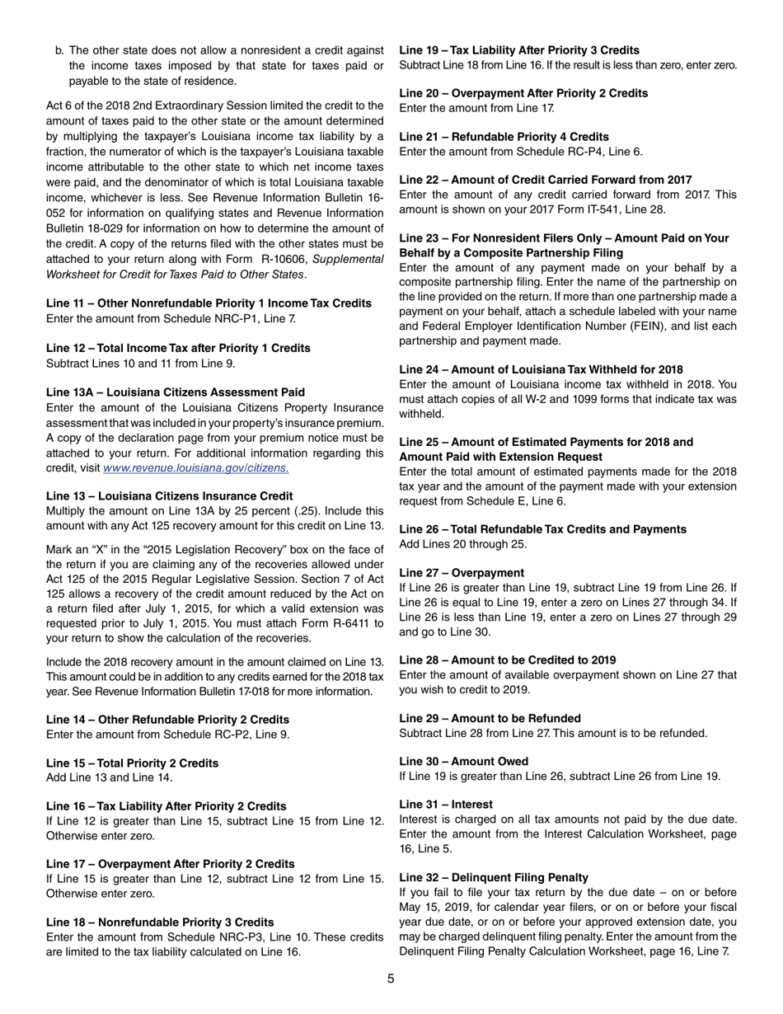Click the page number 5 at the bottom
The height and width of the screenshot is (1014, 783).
click(x=391, y=979)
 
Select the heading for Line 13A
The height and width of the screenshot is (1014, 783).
click(x=176, y=392)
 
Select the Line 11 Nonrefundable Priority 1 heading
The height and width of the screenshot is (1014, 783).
click(x=209, y=303)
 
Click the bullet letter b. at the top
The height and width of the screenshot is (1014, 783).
click(x=59, y=51)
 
